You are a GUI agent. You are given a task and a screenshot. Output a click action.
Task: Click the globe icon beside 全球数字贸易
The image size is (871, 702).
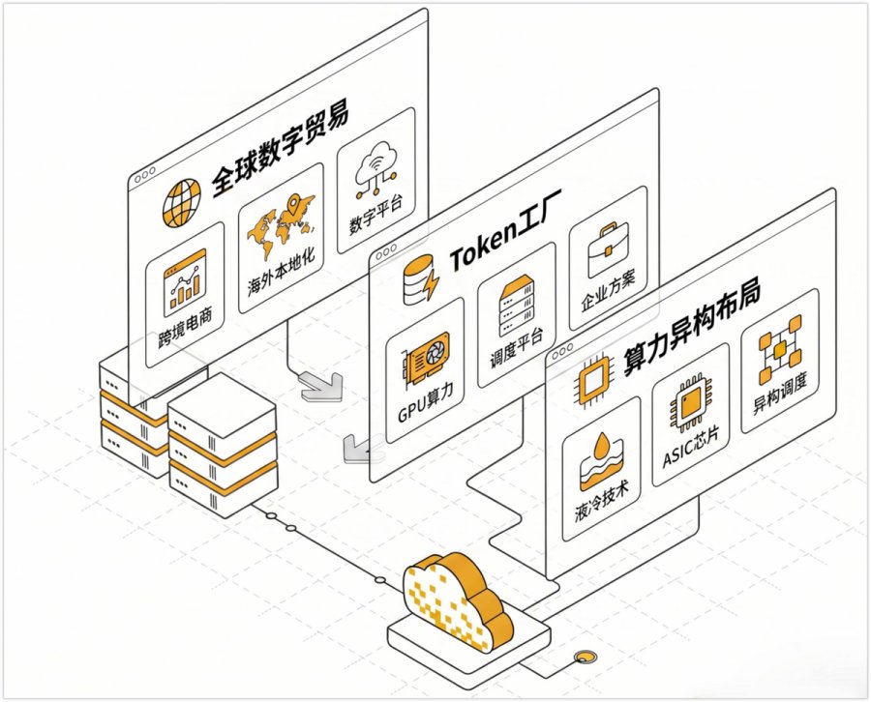click(182, 202)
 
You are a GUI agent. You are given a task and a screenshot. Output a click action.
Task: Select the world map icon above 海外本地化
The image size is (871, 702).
click(281, 227)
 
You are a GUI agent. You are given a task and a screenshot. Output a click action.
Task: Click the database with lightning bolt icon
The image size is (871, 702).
click(421, 279)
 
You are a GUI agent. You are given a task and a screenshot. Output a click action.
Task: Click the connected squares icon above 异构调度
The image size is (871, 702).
click(780, 349)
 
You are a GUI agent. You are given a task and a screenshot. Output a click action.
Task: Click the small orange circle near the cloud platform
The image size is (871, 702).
click(584, 658)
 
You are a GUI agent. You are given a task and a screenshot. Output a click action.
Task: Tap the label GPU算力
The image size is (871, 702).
click(426, 404)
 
